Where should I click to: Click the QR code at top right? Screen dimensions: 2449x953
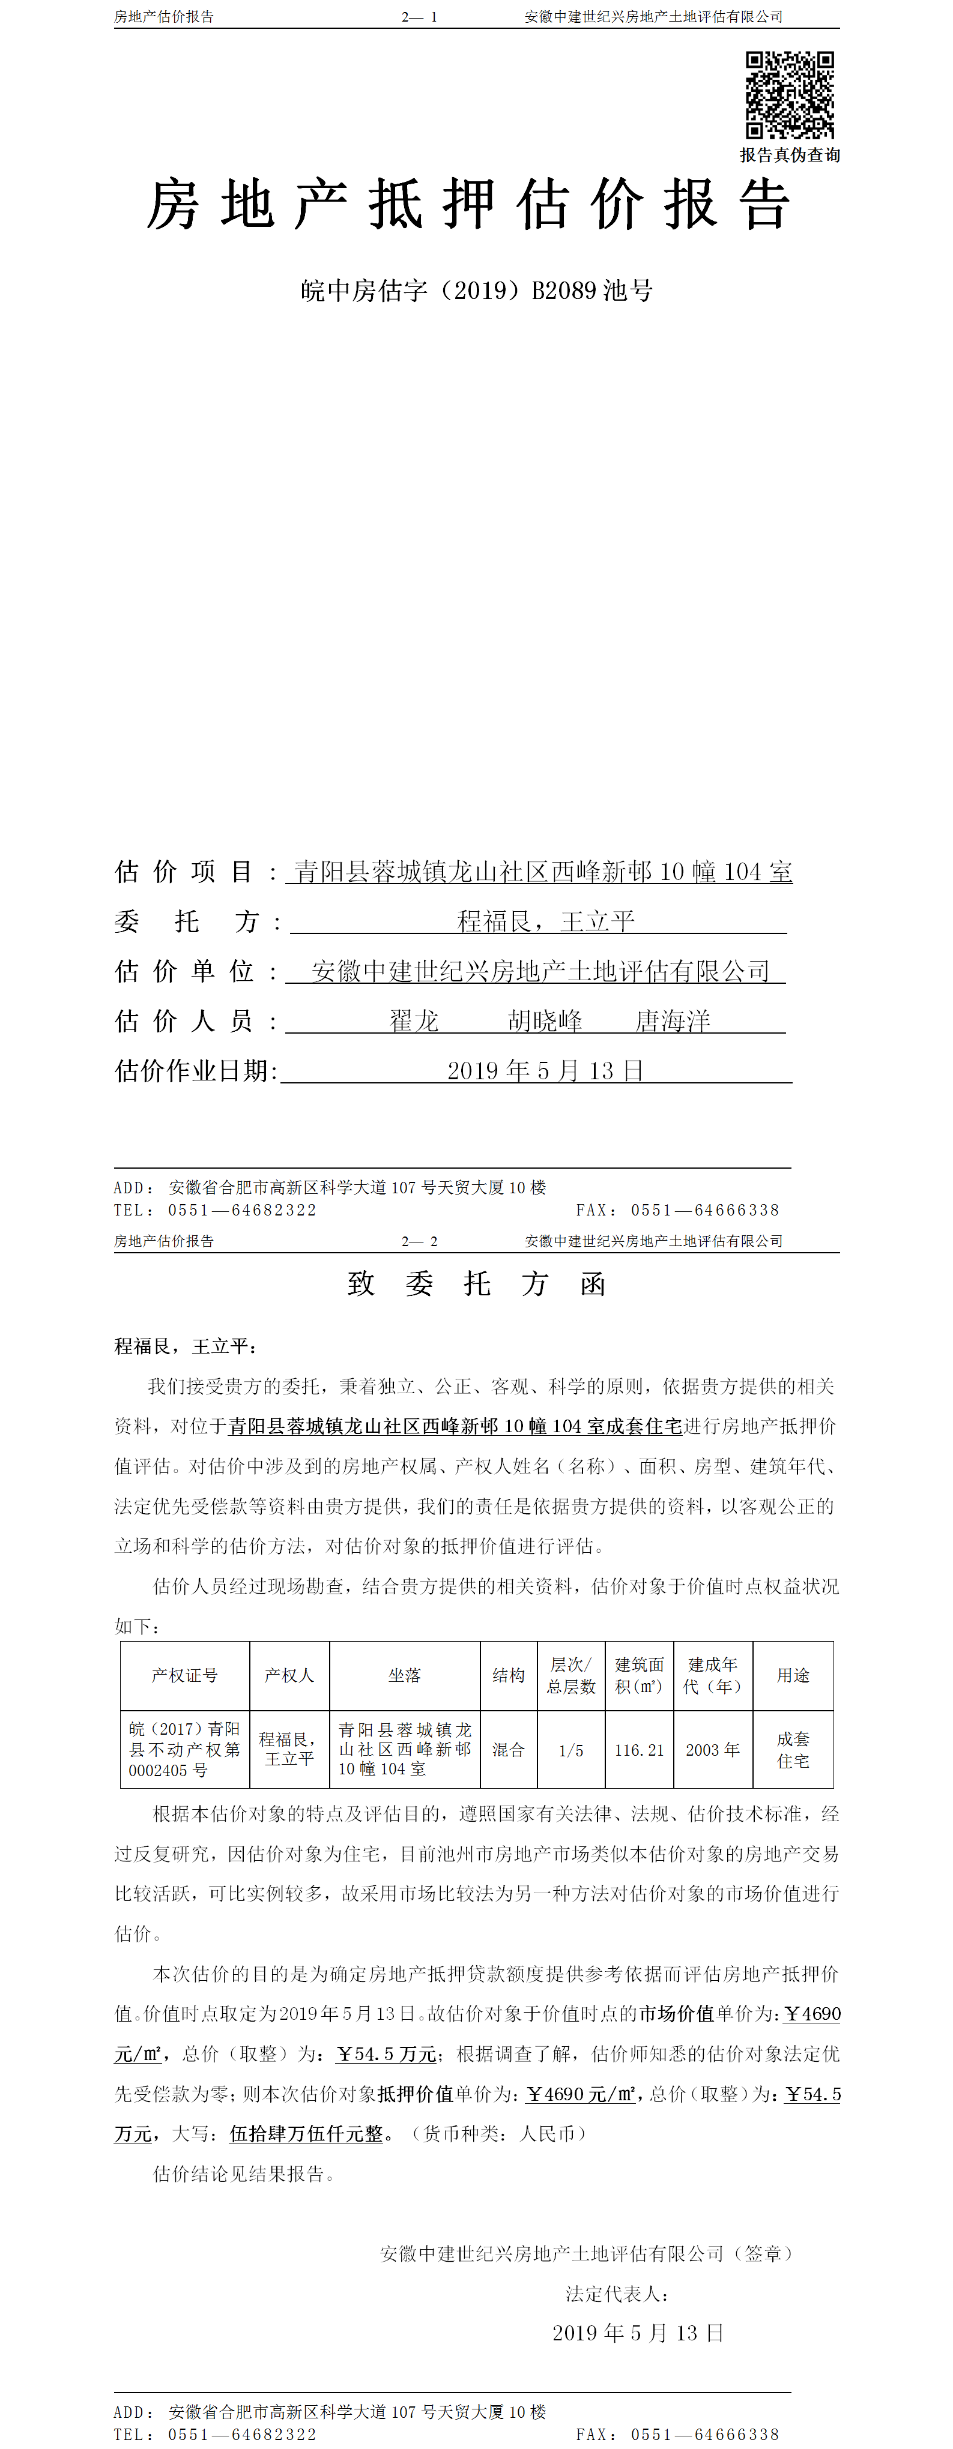[x=790, y=95]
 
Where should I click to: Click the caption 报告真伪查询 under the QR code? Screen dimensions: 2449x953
[x=790, y=155]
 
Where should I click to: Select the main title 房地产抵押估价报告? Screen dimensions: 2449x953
[x=468, y=205]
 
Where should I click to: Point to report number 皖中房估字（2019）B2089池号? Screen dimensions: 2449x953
[x=477, y=291]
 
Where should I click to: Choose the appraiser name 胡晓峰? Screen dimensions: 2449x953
[x=545, y=1021]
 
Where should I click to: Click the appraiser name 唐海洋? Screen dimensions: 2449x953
[x=673, y=1021]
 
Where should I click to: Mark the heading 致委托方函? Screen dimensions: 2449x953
[x=477, y=1285]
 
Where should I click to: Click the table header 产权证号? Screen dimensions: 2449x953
[x=184, y=1675]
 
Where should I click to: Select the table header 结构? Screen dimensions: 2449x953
[x=509, y=1675]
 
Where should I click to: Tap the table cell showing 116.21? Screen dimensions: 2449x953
[x=639, y=1750]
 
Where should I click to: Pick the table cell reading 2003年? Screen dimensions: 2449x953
[x=712, y=1750]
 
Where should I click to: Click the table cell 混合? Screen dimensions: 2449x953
[x=509, y=1750]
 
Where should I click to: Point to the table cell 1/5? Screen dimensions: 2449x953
[x=570, y=1750]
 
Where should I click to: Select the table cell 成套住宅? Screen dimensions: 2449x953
[x=793, y=1750]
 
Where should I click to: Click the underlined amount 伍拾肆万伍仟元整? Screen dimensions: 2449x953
[x=306, y=2134]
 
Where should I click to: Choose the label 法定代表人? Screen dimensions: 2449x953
[x=616, y=2295]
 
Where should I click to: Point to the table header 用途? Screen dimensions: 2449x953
[x=793, y=1675]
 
